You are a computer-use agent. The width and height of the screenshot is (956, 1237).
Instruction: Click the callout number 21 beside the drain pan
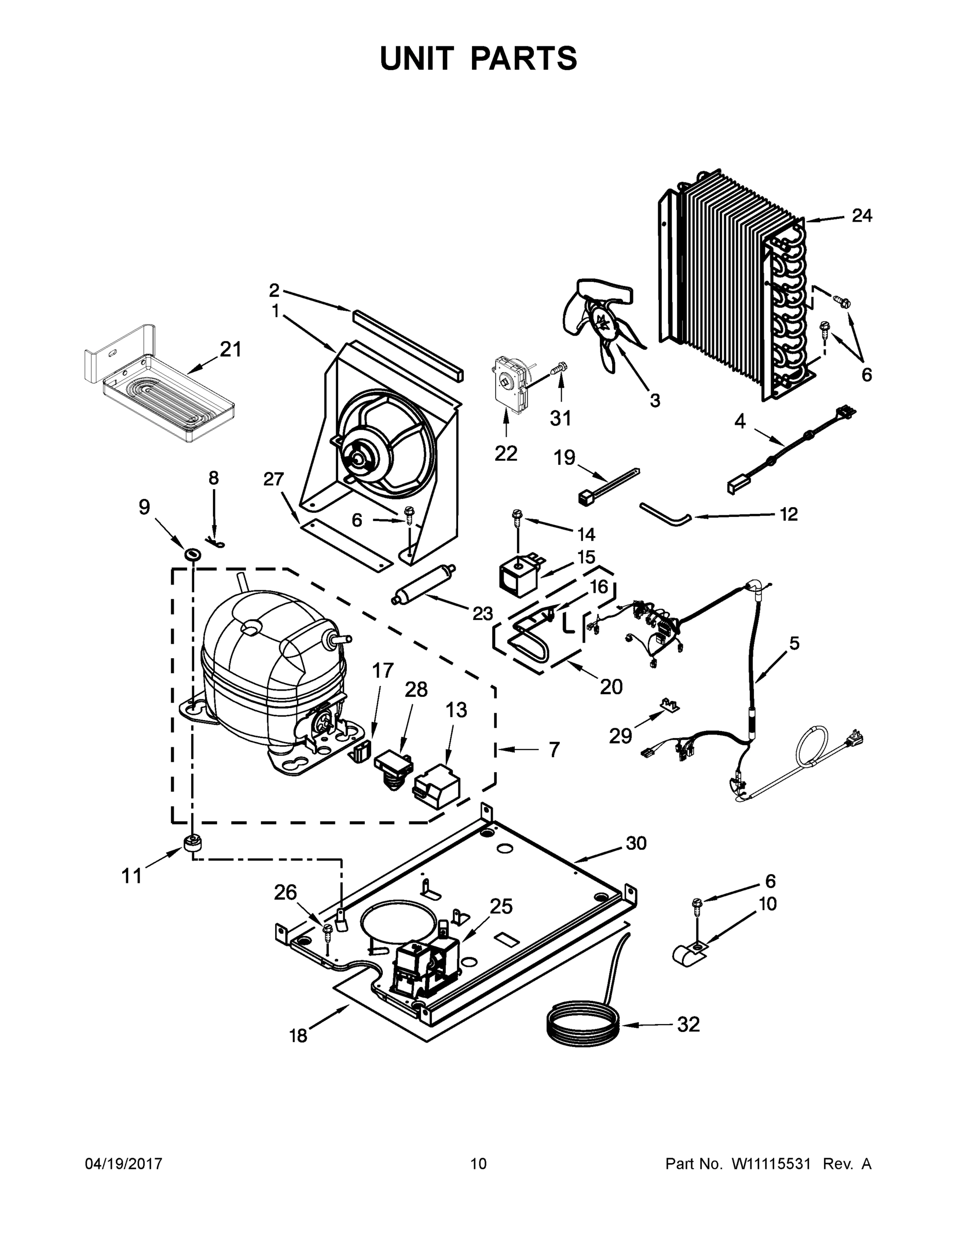coord(230,349)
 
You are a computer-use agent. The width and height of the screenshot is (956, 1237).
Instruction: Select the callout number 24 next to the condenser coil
coord(861,216)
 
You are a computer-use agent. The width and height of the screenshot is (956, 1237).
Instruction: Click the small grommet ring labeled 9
coord(193,553)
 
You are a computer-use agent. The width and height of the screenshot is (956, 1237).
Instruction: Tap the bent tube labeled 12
coord(665,514)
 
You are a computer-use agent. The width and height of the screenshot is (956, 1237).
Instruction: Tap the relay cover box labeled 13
coord(437,785)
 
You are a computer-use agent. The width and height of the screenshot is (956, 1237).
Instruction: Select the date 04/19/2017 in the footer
coord(124,1163)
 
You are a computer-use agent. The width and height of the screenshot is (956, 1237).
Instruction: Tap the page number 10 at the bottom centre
coord(478,1163)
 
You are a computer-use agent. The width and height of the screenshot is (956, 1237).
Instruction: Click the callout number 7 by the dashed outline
coord(554,750)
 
